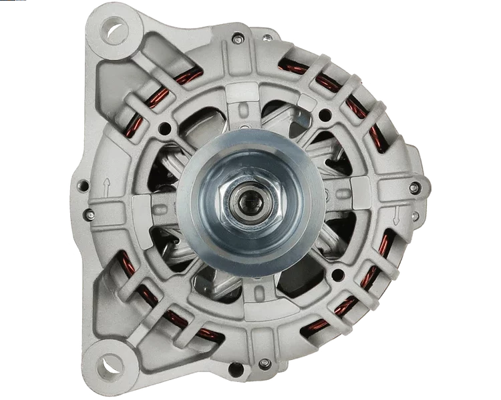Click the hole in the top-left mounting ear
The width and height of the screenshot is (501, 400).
pos(115,30)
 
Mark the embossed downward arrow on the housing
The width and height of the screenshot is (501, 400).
pos(396,214)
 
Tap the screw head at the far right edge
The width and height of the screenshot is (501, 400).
pos(415,188)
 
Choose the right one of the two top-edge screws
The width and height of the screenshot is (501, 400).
pos(268,37)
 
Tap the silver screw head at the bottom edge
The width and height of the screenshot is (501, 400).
pos(265,363)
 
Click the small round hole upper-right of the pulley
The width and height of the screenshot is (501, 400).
pos(325,115)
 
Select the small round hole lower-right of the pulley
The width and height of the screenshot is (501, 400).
pos(337,274)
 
